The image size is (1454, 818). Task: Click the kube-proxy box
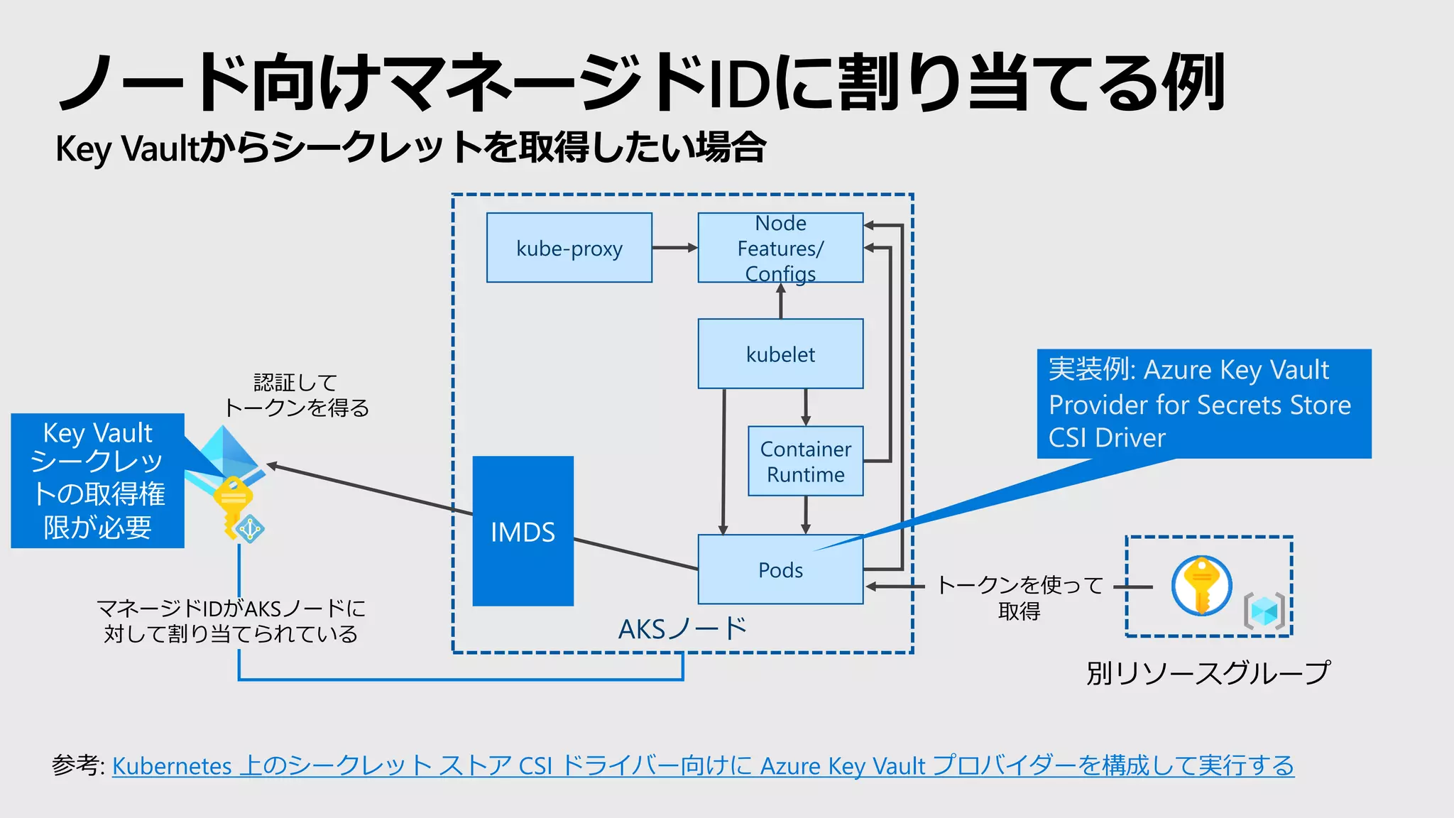pos(569,248)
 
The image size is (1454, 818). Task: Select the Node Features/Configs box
pos(780,248)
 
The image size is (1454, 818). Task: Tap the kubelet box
pos(780,354)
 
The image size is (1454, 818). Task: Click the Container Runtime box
pos(805,461)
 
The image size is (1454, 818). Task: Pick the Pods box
pos(780,569)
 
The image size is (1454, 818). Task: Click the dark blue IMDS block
pos(523,531)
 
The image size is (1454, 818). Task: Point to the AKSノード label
pos(682,628)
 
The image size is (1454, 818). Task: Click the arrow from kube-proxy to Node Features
pos(674,248)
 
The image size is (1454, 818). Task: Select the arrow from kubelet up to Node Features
pos(781,301)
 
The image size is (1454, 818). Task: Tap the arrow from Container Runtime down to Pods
pos(805,515)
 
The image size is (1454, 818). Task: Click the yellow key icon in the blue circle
pos(1201,585)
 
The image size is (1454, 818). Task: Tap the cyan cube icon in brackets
pos(1264,611)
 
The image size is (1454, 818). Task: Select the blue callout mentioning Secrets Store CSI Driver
pos(1203,403)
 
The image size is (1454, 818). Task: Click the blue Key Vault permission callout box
pos(97,481)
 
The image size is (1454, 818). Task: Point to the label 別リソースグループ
pos(1208,672)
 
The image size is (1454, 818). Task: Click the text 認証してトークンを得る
pos(296,395)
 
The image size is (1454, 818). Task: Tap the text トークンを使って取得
pos(1020,597)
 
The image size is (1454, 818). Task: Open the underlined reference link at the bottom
pos(703,765)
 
